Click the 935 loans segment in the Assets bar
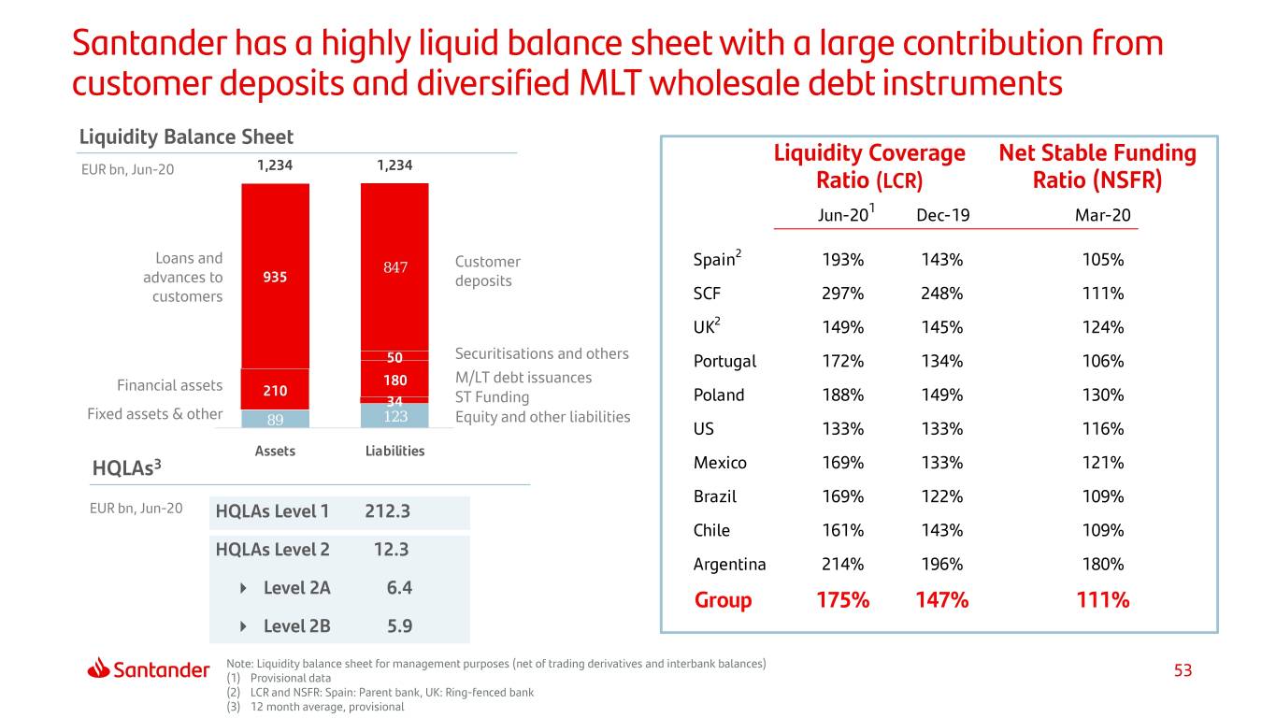pos(275,278)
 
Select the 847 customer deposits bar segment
pos(394,267)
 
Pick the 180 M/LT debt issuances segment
pos(394,381)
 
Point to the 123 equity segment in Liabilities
pos(394,414)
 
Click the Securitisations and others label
pos(541,353)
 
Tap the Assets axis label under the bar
pos(275,451)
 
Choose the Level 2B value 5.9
pos(399,625)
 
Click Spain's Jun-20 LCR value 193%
pos(842,260)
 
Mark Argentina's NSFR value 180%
pos(1102,564)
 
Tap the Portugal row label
pos(724,361)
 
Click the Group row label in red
pos(723,600)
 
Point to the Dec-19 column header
pos(942,215)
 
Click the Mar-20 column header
pos(1102,215)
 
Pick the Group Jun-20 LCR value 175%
pos(842,600)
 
